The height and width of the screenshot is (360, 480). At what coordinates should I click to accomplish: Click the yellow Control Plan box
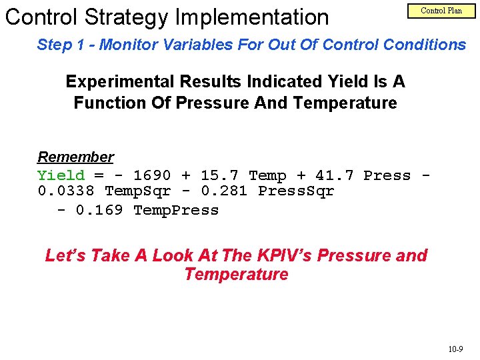441,11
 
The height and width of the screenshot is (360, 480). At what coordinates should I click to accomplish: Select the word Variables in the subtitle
194,45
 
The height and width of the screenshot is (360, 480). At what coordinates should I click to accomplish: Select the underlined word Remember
75,157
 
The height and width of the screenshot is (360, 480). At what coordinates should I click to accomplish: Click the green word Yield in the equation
61,175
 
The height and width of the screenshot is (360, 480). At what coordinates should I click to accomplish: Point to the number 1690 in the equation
152,175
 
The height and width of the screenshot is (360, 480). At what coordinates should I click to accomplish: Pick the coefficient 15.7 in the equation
219,175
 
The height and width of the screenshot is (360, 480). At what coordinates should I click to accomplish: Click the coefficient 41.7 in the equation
334,175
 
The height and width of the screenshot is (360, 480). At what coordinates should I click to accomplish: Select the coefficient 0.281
223,191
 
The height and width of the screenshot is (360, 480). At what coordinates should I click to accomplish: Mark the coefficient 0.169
99,210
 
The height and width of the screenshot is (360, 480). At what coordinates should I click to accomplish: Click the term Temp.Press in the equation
176,210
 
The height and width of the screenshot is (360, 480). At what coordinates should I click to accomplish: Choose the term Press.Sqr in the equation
296,191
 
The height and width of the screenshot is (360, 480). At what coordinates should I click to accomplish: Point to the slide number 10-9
456,349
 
